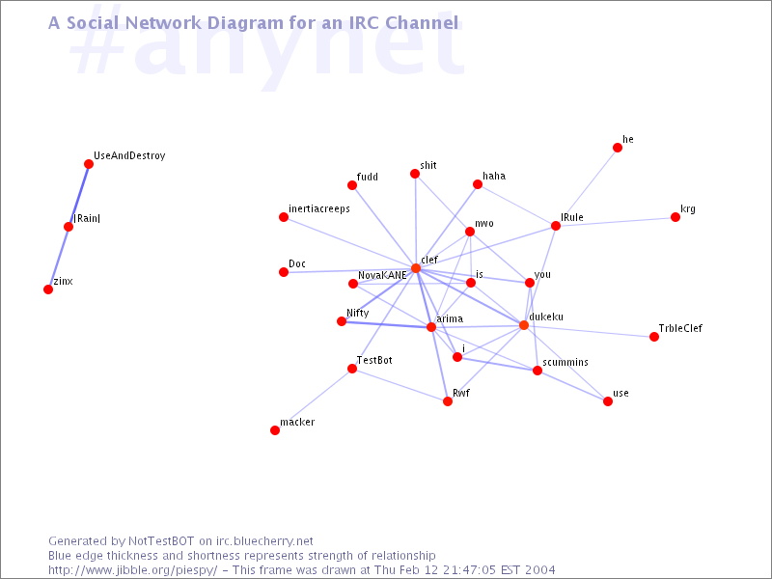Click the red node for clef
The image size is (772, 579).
pos(416,268)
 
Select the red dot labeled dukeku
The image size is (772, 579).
pos(524,325)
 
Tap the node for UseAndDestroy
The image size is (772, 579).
pos(89,164)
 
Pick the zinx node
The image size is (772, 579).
pos(48,289)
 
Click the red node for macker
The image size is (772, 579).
pos(275,430)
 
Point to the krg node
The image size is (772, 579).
pos(675,218)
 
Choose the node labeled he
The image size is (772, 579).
pos(618,148)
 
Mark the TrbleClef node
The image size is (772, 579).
pos(654,337)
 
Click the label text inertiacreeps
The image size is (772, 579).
pos(319,209)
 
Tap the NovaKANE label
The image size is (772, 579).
pos(382,275)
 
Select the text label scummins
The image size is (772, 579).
pos(565,363)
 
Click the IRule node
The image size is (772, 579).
pos(556,226)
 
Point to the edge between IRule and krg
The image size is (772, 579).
pos(616,222)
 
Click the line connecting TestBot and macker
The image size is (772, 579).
pos(314,400)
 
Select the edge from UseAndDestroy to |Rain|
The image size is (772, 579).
pos(79,196)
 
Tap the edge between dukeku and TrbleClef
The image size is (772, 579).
pos(589,331)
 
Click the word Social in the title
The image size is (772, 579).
pos(94,23)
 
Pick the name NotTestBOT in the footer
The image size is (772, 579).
pos(161,541)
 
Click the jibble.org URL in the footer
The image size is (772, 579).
pos(132,570)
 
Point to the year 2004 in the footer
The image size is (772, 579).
pos(539,570)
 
